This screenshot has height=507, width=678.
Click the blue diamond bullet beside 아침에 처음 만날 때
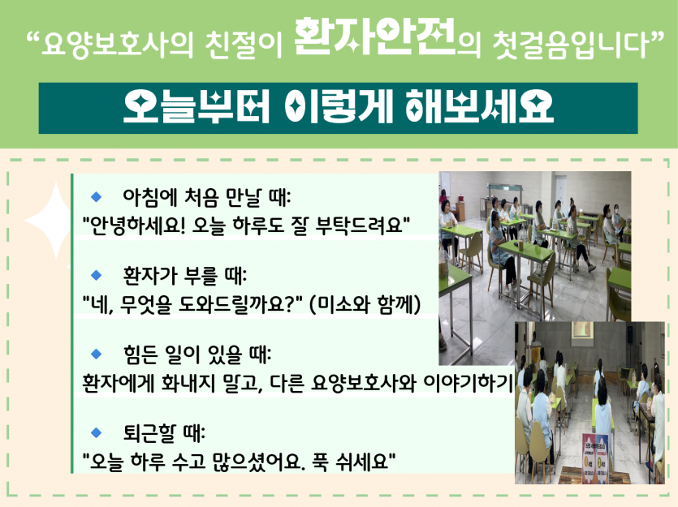96,196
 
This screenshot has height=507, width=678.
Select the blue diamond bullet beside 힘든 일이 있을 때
96,353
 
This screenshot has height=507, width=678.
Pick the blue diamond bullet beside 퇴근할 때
96,431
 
